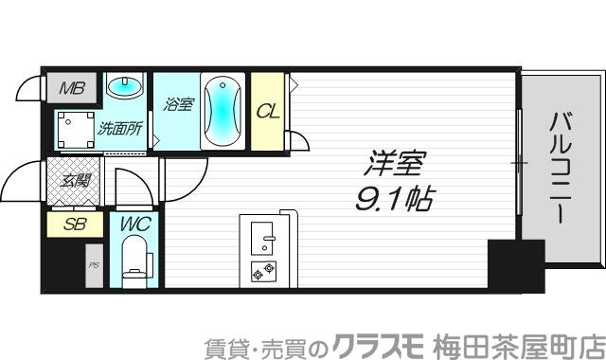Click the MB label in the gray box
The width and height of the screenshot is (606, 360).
tap(72, 90)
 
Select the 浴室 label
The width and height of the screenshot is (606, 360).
tap(179, 105)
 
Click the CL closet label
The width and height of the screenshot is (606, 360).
tap(269, 110)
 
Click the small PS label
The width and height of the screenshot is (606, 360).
tap(93, 266)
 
